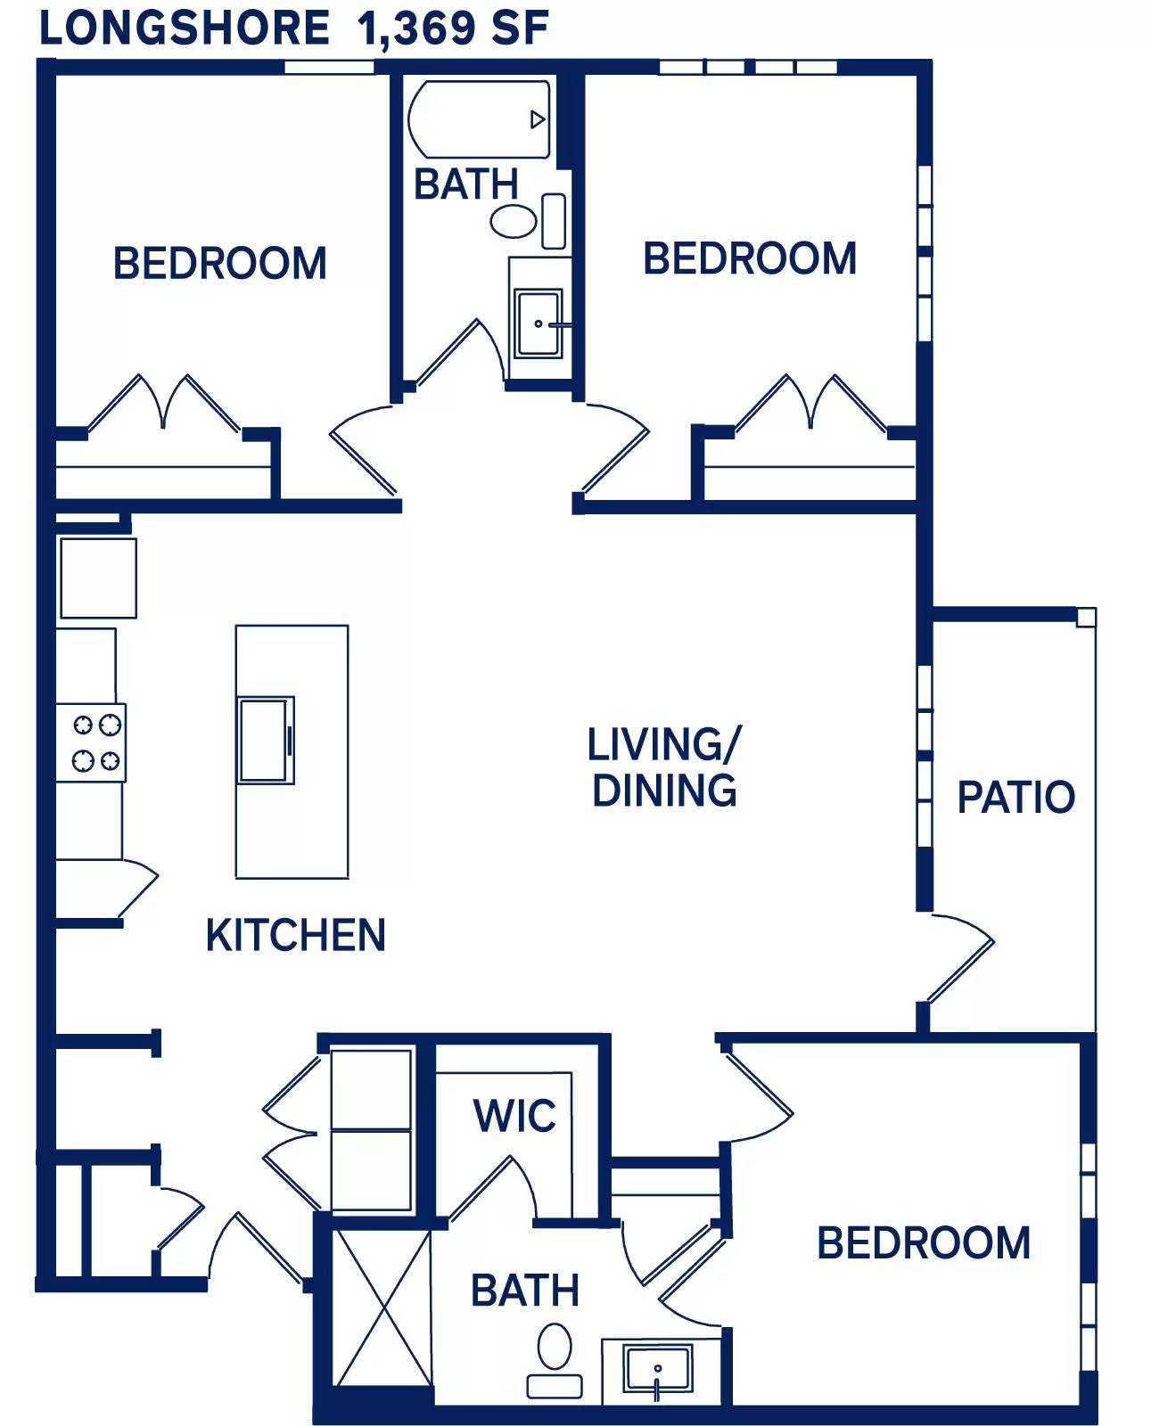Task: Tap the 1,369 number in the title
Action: click(415, 29)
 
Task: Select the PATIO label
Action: click(1015, 797)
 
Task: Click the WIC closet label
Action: click(514, 1115)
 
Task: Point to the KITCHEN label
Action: click(295, 935)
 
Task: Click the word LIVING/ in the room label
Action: click(664, 745)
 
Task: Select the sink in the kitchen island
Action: click(266, 741)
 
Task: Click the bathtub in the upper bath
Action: click(480, 119)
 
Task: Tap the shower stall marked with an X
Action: click(382, 1307)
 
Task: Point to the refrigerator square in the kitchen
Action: click(97, 578)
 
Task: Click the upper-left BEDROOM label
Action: click(219, 264)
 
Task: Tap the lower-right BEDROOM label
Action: click(923, 1243)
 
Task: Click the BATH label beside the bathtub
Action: click(465, 184)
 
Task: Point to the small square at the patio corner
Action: click(1085, 618)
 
